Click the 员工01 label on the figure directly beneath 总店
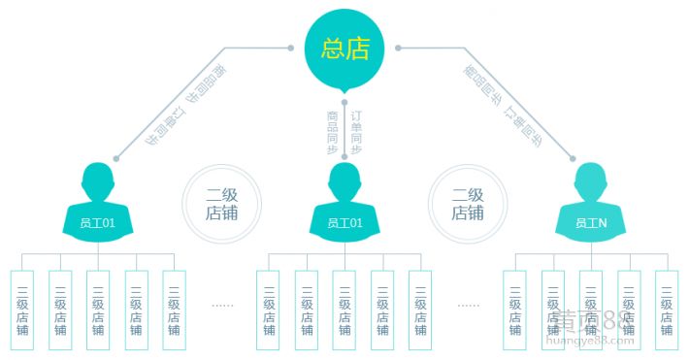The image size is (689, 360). pos(344,223)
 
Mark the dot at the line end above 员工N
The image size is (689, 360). pos(573,158)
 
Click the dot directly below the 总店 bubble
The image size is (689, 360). pos(344,100)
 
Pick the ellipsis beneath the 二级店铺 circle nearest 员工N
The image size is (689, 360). pos(469,305)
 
